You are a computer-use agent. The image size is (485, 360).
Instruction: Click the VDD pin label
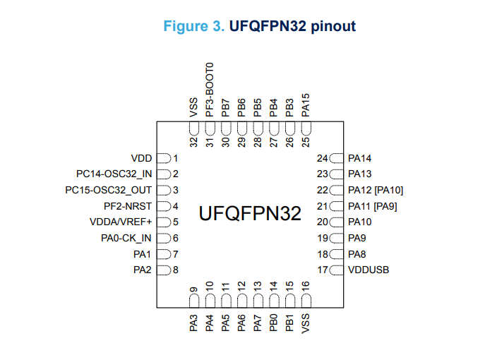[x=142, y=158]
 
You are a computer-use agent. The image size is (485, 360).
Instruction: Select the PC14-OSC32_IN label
[x=114, y=174]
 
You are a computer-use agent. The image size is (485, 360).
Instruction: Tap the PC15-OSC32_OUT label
[x=109, y=190]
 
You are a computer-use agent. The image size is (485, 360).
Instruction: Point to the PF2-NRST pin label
[x=128, y=206]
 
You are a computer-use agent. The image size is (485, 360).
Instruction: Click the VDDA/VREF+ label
[x=121, y=222]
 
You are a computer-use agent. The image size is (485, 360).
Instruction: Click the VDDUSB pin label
[x=369, y=270]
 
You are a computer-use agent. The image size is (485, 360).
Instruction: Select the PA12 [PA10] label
[x=376, y=190]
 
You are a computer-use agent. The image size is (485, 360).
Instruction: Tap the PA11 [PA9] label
[x=373, y=206]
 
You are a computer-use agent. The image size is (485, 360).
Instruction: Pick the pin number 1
[x=175, y=158]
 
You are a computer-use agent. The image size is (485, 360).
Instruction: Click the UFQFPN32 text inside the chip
[x=250, y=213]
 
